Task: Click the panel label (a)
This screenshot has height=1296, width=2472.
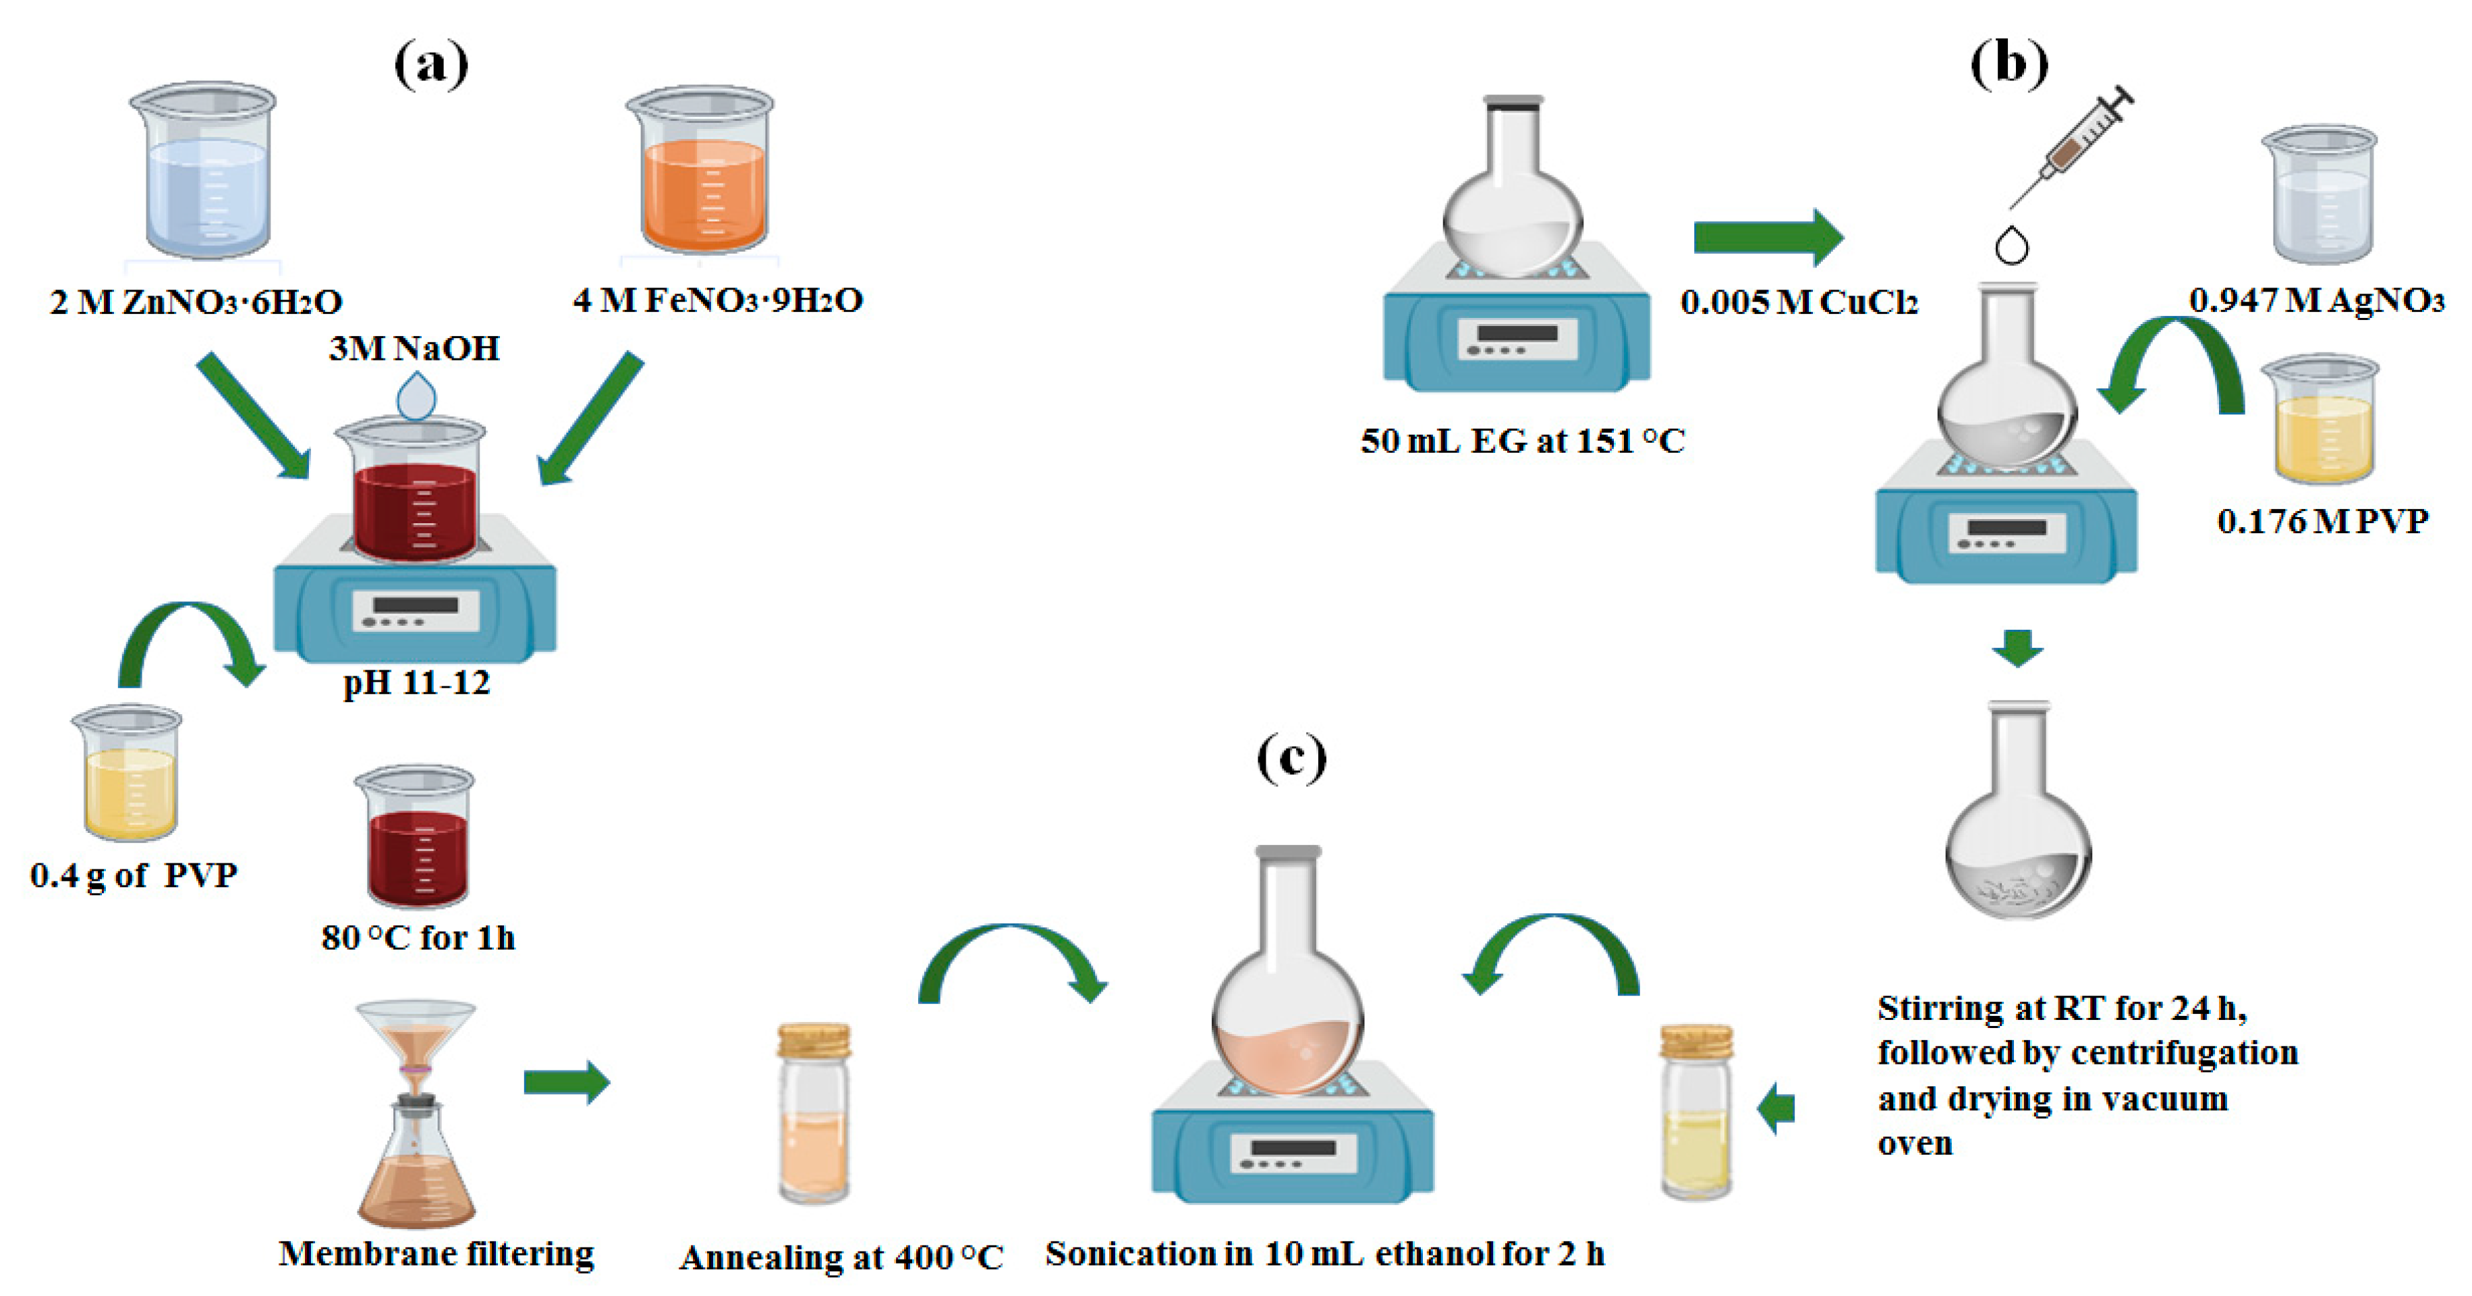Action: click(431, 65)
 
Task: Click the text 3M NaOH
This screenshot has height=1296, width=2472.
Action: click(414, 348)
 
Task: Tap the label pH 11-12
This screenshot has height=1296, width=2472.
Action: click(416, 682)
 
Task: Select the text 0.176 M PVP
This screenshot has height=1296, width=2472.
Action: click(2322, 521)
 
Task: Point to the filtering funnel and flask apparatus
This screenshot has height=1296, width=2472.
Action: click(416, 1114)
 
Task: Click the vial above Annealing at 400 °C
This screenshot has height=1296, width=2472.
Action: click(814, 1114)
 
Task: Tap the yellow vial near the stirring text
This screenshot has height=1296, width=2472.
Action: click(1697, 1114)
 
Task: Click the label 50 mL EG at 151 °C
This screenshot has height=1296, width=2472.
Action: click(1523, 441)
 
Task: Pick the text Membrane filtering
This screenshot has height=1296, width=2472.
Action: click(437, 1253)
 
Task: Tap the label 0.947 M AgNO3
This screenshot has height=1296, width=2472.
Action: click(2315, 300)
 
